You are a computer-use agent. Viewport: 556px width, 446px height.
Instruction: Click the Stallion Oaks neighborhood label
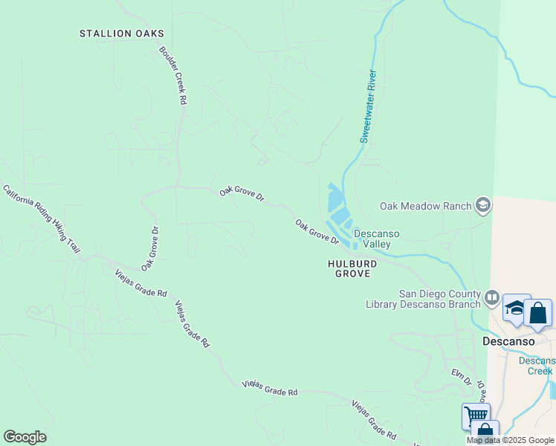(x=122, y=33)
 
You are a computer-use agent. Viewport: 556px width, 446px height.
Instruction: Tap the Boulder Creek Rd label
(x=172, y=76)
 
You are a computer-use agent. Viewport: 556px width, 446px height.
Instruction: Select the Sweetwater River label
(x=368, y=106)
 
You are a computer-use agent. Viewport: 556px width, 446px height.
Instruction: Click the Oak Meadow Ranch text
(x=426, y=206)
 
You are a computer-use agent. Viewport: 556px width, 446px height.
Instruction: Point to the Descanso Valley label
(x=376, y=239)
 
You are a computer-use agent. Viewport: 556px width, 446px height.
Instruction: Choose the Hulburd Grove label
(x=352, y=268)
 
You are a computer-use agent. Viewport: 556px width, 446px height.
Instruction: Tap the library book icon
(x=491, y=299)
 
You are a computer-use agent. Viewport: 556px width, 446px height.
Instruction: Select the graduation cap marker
(x=516, y=308)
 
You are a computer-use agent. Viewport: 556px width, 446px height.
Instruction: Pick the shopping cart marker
(x=476, y=416)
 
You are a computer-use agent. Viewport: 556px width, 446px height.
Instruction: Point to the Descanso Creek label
(x=537, y=366)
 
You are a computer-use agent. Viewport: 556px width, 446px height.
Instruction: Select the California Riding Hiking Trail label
(x=42, y=216)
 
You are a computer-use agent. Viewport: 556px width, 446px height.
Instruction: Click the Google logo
(x=25, y=437)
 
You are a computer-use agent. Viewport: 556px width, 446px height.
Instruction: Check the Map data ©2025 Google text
(x=510, y=440)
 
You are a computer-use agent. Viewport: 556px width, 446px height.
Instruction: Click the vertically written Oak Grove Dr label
(x=149, y=248)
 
